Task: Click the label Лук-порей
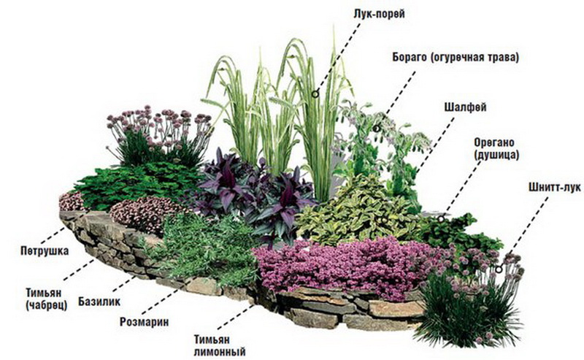click(379, 14)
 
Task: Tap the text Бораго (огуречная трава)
click(456, 58)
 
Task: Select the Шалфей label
click(465, 107)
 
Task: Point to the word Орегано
click(494, 142)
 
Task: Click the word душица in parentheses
click(496, 155)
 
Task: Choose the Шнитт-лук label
click(554, 187)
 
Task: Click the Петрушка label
click(45, 250)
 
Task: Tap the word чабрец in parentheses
click(47, 305)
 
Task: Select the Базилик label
click(99, 301)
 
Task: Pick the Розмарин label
click(144, 321)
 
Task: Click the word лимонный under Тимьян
click(220, 351)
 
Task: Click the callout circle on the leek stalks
click(315, 94)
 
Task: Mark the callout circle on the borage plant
click(377, 129)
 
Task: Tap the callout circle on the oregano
click(441, 219)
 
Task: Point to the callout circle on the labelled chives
click(499, 269)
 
